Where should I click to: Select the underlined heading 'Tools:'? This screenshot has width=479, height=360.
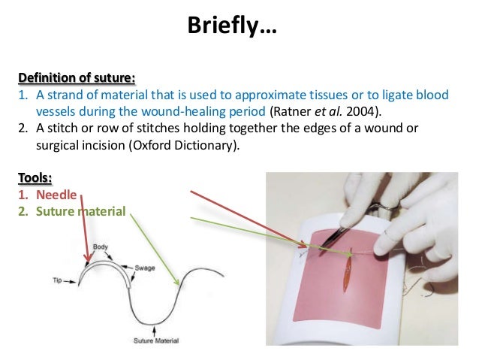click(x=35, y=178)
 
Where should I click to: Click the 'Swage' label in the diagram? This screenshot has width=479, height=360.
click(x=145, y=268)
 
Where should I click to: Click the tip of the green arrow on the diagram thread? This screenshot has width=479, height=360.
click(x=178, y=286)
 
